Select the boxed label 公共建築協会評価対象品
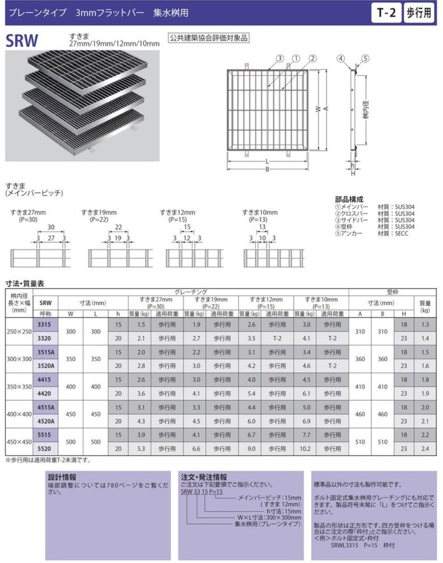tap(209, 39)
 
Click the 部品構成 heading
tap(349, 199)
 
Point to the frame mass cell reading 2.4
tap(424, 448)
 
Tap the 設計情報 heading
tap(62, 477)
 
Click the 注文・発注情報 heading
tap(203, 477)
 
